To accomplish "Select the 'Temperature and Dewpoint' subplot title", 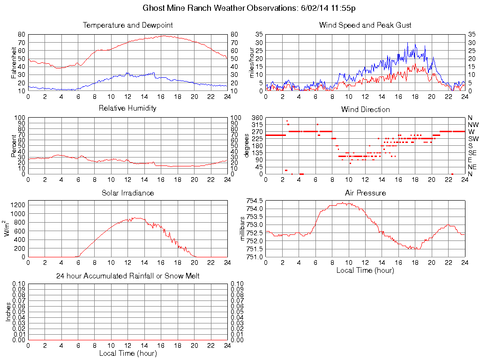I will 127,25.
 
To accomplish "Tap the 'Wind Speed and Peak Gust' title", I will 365,25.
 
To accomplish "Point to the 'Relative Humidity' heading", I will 127,108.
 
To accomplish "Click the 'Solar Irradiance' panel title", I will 127,193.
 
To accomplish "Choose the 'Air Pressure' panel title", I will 365,193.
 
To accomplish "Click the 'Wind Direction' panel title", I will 365,109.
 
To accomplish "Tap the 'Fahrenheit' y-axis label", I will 13,62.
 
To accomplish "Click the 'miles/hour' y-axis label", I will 251,62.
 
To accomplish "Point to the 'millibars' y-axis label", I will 243,228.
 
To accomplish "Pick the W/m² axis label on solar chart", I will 8,229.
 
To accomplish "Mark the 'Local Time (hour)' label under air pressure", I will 365,270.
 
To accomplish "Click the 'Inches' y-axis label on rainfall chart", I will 8,312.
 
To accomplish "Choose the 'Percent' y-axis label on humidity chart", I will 13,145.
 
